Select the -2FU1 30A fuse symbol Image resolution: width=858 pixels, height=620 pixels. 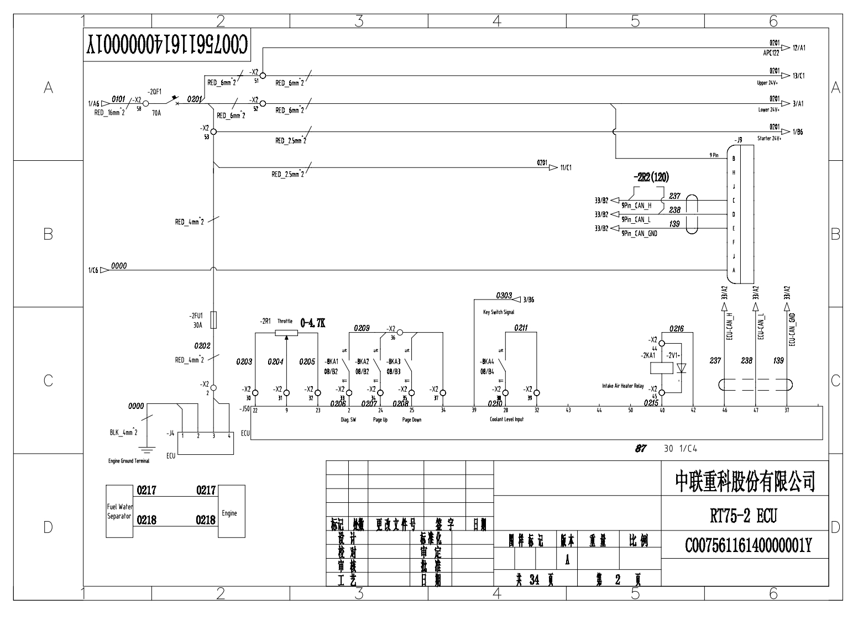point(213,320)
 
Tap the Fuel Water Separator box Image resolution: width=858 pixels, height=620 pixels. point(119,511)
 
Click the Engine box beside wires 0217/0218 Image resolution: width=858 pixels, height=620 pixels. point(232,511)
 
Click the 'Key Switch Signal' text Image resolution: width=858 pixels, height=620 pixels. point(498,312)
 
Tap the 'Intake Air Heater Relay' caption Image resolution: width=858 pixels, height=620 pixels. point(623,386)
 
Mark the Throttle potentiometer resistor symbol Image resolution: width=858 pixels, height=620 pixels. point(286,333)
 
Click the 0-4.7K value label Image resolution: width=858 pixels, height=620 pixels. point(312,323)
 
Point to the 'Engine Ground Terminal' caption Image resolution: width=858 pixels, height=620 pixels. point(129,461)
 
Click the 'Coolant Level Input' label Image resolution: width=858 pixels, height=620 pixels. point(506,419)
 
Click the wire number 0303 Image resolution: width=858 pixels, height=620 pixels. point(504,296)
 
